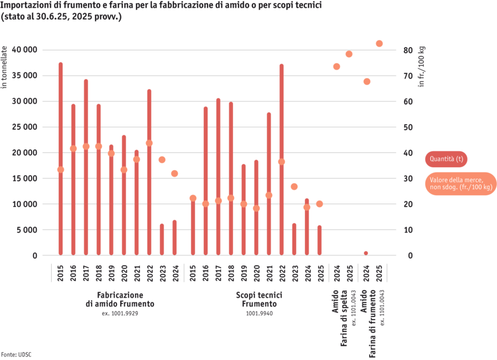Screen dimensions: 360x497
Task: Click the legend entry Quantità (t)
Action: [447, 159]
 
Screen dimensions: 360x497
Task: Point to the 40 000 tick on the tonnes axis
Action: [25, 50]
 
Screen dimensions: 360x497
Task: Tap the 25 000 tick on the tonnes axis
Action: [25, 127]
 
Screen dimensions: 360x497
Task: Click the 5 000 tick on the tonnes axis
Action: [27, 230]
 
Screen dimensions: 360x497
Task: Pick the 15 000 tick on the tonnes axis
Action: [25, 179]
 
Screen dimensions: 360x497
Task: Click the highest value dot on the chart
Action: [379, 43]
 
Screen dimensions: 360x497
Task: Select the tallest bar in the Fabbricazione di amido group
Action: [61, 158]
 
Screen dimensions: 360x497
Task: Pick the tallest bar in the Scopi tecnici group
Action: [281, 159]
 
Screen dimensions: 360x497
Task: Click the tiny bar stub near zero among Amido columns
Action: [366, 253]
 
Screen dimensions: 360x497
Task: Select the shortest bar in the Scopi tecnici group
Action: [319, 240]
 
